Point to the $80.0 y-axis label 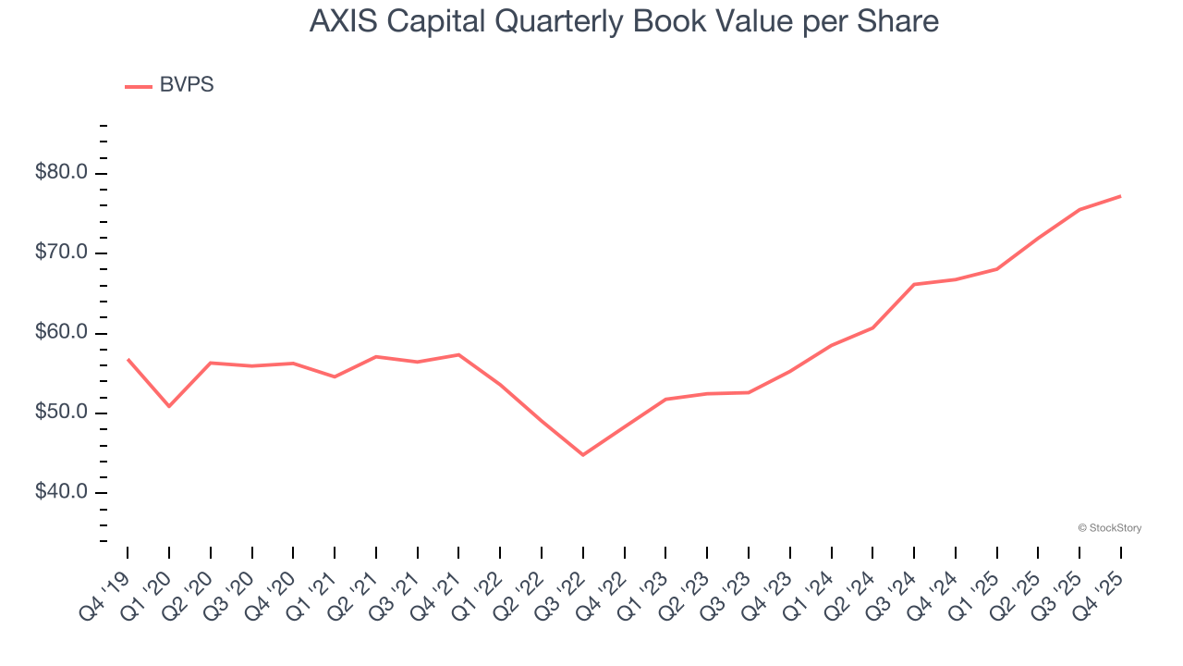tap(61, 173)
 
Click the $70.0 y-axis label tap(61, 253)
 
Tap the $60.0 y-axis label tap(61, 333)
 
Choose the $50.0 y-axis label tap(61, 413)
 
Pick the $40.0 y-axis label tap(61, 492)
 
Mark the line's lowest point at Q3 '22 tap(583, 455)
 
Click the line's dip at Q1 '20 tap(169, 406)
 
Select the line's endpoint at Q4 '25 tap(1121, 196)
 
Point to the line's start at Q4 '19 tap(128, 359)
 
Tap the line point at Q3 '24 tap(914, 284)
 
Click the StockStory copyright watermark tap(1109, 528)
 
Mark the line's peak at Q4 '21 tap(458, 354)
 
